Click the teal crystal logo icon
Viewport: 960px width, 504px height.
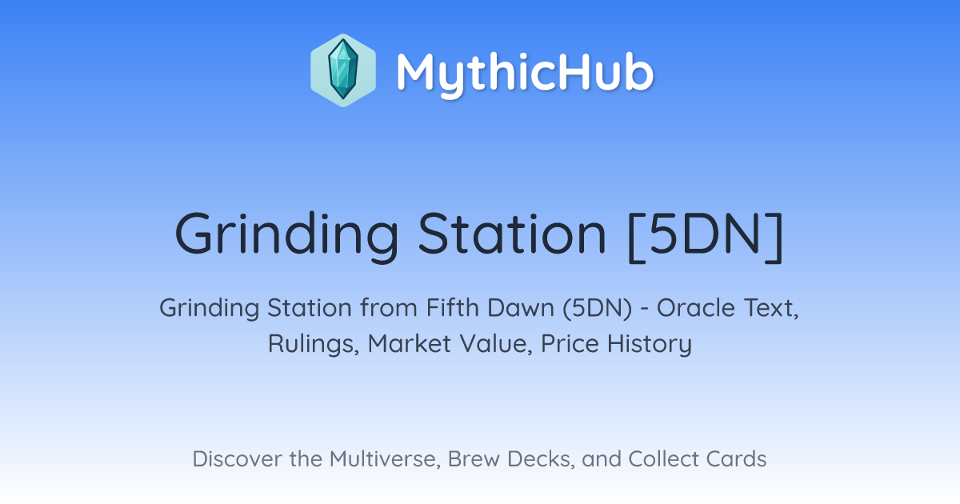click(x=343, y=70)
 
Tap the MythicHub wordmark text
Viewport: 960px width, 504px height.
click(x=525, y=74)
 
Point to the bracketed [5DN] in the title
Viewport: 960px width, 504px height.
click(x=706, y=237)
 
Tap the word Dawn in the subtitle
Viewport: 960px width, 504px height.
click(x=521, y=308)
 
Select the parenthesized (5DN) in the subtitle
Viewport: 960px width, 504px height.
click(x=597, y=309)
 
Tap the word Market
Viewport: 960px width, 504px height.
click(x=410, y=343)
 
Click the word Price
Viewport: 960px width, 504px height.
click(x=570, y=343)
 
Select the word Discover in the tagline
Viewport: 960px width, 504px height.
click(x=237, y=459)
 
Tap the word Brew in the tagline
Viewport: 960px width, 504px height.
click(x=474, y=459)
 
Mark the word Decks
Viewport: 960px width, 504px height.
click(x=541, y=459)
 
